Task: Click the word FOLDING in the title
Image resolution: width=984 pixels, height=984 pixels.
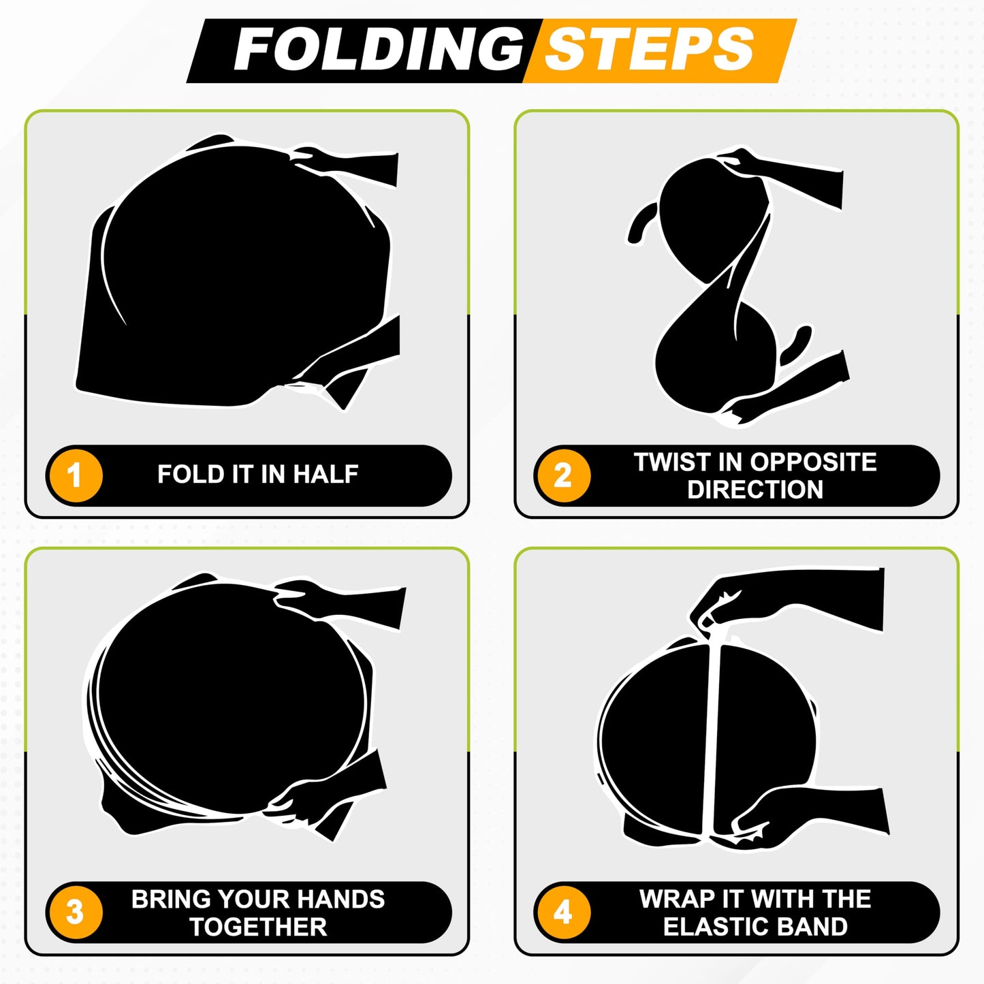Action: click(x=379, y=50)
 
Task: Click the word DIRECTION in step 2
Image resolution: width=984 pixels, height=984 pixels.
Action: click(x=755, y=490)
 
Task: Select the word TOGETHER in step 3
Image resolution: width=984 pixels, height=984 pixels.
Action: click(x=258, y=927)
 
